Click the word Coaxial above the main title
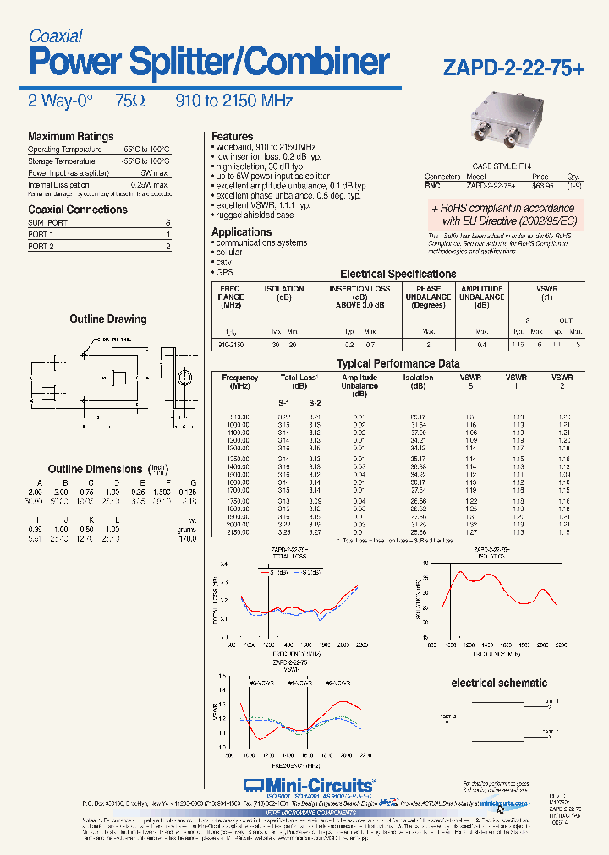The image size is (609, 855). (x=55, y=35)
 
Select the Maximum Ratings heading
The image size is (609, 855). (x=70, y=136)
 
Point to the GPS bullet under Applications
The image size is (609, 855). (x=223, y=273)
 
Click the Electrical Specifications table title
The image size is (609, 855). (x=398, y=274)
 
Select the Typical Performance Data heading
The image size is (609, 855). (x=398, y=363)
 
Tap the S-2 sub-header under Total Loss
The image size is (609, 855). (x=315, y=403)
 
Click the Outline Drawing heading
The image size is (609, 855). (x=107, y=319)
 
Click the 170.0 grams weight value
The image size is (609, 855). (x=188, y=538)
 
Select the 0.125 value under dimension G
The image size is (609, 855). (x=188, y=492)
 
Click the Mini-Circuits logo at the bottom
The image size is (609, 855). (x=308, y=785)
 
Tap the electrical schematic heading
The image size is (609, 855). (x=499, y=683)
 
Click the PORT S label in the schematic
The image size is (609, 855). (x=448, y=716)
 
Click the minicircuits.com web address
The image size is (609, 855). (x=502, y=803)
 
